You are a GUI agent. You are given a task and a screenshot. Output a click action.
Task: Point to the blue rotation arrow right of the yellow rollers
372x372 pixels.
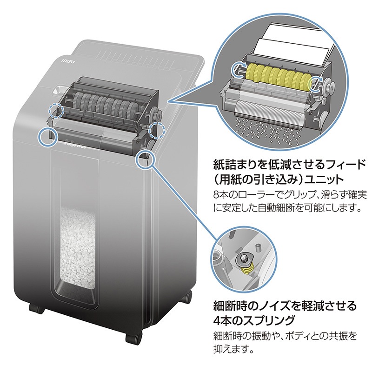coord(318,83)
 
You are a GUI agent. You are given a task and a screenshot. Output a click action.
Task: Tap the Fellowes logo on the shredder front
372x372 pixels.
coord(74,145)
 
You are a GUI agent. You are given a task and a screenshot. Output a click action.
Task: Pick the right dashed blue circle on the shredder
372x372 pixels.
coord(157,131)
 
